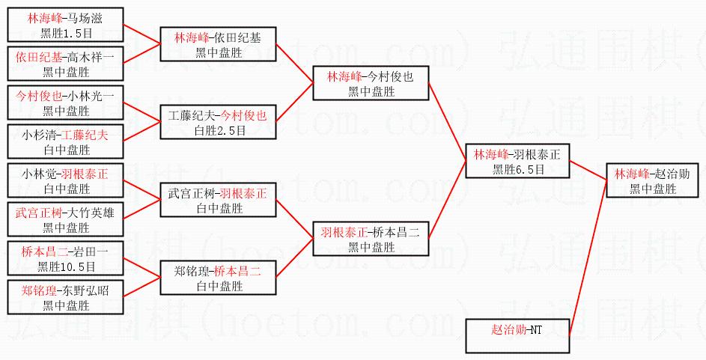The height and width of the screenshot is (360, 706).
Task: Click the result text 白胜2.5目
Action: pyautogui.click(x=217, y=129)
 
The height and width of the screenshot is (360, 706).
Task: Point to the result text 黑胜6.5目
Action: pyautogui.click(x=517, y=168)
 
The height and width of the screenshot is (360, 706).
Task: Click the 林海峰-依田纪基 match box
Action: pyautogui.click(x=218, y=44)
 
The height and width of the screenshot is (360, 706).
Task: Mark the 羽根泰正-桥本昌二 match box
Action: pyautogui.click(x=370, y=239)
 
